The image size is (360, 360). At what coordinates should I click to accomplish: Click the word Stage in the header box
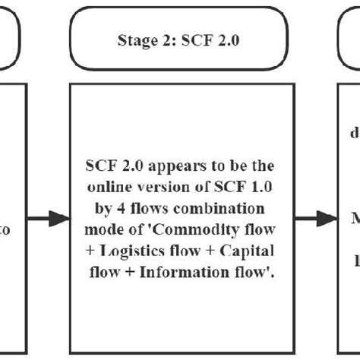tap(133, 42)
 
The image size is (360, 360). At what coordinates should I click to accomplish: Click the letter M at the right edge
tap(354, 219)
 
